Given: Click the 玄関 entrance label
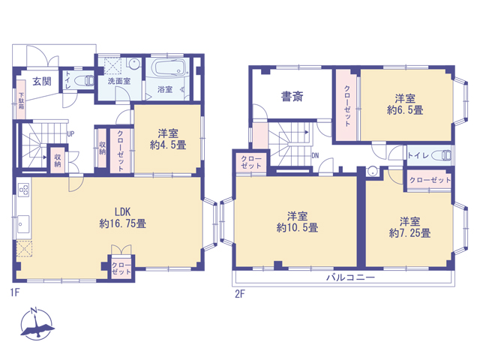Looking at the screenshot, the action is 42,82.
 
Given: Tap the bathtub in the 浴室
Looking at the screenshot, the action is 169,67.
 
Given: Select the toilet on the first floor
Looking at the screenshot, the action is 85,80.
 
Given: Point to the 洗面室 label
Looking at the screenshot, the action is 119,81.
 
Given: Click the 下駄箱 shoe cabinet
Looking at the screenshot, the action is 21,100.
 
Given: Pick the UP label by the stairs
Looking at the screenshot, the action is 70,133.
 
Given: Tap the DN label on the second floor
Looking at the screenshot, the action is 315,155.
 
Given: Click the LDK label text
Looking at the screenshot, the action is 122,211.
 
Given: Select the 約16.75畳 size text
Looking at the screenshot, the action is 122,223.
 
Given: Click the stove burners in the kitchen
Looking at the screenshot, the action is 24,190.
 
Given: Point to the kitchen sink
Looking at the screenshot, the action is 23,224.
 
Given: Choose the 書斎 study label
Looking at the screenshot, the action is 292,97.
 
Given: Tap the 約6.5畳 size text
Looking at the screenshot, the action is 405,110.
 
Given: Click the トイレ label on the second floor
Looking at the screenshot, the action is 418,155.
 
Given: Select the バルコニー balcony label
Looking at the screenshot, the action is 350,277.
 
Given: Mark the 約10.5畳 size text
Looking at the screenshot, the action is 297,228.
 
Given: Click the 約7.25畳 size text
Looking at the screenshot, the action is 409,233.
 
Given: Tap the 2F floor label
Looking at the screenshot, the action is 240,294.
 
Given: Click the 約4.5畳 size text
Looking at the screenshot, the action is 168,145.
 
